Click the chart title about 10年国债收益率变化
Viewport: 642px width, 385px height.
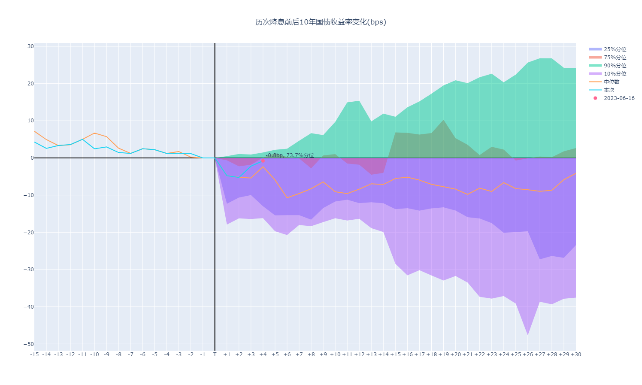(x=321, y=22)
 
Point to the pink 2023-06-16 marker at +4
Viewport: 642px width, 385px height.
(x=263, y=161)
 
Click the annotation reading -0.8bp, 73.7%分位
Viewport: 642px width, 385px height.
(x=290, y=155)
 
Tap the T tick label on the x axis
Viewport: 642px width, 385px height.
(x=215, y=355)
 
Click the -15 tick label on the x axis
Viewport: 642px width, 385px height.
(x=34, y=355)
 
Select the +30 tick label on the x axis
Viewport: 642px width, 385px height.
(x=575, y=355)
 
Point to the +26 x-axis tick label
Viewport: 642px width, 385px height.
(x=527, y=355)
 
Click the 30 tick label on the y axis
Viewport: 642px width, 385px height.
(x=30, y=46)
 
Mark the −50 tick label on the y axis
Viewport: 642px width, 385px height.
(x=29, y=344)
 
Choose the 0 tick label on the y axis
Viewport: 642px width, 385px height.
(x=32, y=158)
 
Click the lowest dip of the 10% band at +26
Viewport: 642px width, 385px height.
(x=527, y=334)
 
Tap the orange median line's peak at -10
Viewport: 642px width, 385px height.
(x=94, y=133)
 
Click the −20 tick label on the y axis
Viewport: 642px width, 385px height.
(x=29, y=233)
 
